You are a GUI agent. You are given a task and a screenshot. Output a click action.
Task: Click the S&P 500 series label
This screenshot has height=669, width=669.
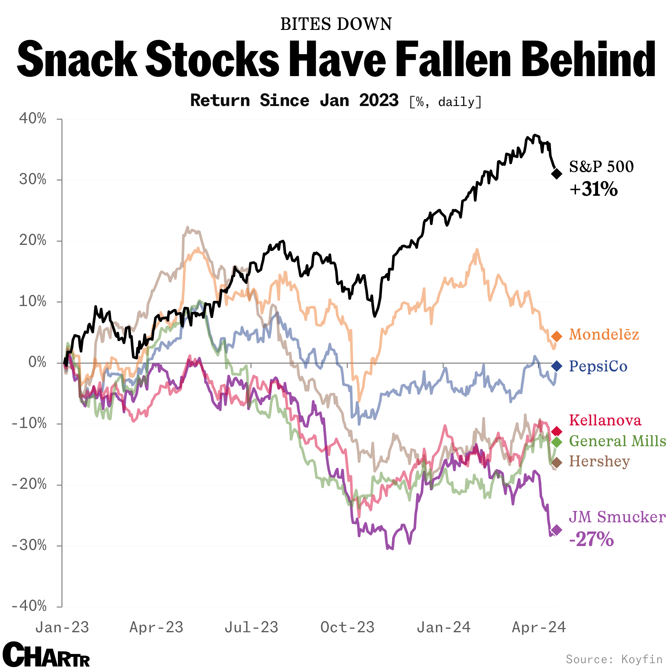pos(601,167)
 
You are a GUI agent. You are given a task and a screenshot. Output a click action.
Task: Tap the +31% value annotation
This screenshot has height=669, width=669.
pos(594,189)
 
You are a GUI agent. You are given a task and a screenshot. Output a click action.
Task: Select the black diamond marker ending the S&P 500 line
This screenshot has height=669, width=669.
pos(556,173)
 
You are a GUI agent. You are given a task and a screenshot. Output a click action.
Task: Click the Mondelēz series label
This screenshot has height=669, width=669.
pos(604,334)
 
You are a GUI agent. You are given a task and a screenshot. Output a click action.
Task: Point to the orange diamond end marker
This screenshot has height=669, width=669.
pos(556,336)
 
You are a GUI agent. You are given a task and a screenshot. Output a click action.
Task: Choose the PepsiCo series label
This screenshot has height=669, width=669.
pos(598,366)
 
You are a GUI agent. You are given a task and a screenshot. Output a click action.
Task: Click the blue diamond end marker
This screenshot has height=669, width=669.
pos(556,366)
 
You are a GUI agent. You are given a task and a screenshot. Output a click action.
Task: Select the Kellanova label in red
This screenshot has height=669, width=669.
pos(605,421)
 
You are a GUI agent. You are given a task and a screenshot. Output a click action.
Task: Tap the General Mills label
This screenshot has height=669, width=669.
pos(617,441)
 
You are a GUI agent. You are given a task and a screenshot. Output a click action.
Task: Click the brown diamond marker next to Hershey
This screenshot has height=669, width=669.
pos(556,462)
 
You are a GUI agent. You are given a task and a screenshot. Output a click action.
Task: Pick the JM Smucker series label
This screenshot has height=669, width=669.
pos(617,517)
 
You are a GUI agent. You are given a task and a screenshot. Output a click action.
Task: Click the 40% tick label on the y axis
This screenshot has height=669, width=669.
pos(33,119)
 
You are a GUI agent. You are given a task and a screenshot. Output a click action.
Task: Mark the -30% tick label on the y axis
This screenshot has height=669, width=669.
pos(29,545)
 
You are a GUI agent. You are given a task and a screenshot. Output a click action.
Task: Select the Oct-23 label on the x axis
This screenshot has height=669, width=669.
pos(347,627)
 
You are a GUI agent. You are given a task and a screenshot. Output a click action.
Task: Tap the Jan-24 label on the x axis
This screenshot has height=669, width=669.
pos(444,627)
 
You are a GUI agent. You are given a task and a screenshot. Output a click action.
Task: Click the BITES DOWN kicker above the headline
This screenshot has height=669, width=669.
pos(336,24)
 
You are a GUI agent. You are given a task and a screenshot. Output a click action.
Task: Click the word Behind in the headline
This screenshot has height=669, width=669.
pos(588,60)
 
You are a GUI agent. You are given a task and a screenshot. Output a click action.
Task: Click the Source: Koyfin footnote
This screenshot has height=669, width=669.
pos(614,659)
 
